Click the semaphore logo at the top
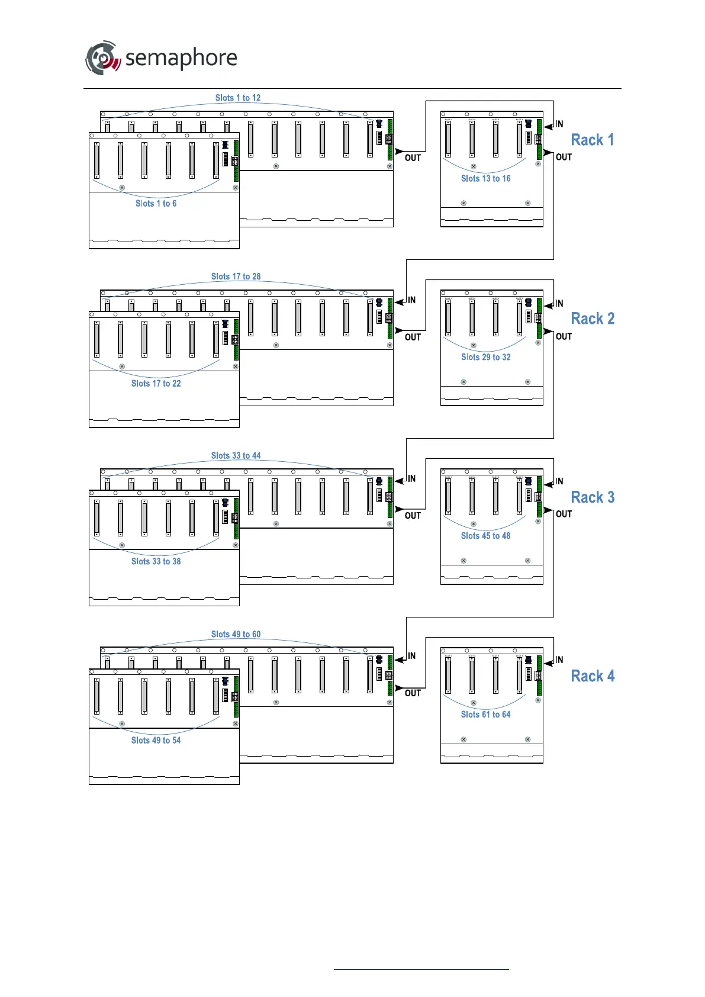(x=161, y=58)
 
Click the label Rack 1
(x=592, y=140)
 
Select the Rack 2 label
(x=593, y=319)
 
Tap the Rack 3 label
(x=593, y=497)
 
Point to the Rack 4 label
(x=593, y=676)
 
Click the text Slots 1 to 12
(x=238, y=98)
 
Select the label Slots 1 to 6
(x=156, y=204)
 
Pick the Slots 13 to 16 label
(x=485, y=179)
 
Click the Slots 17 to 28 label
(x=236, y=277)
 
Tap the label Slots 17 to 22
(x=156, y=384)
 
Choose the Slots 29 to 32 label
(x=485, y=358)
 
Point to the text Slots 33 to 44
(x=236, y=456)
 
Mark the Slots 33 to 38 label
(x=156, y=562)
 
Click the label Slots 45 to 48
(x=485, y=536)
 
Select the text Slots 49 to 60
(x=236, y=635)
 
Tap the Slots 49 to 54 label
(x=156, y=741)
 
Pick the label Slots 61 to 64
(x=485, y=715)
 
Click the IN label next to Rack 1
(x=559, y=124)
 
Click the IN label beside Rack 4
(x=559, y=660)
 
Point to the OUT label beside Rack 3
(x=564, y=514)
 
